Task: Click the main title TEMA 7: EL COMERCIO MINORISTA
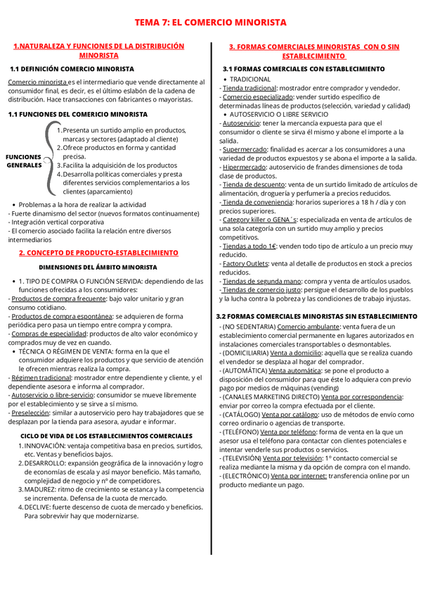(211, 23)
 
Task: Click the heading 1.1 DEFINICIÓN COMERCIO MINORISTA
(72, 69)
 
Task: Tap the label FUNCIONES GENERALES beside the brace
(24, 161)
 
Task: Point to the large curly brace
(50, 161)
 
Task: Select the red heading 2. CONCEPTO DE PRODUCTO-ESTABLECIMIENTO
(98, 252)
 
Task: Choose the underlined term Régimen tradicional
(41, 377)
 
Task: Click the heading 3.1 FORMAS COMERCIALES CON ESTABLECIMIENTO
(304, 69)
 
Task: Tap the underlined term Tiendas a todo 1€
(249, 246)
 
